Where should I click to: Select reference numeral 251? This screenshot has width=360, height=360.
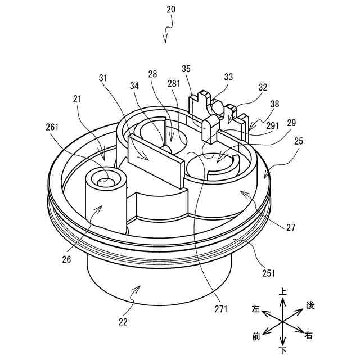(268, 273)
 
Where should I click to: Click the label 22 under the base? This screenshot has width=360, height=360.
(123, 322)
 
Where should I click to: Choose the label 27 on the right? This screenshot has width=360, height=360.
(290, 228)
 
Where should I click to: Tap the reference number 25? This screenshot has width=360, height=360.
(298, 141)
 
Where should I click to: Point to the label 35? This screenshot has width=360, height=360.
(186, 69)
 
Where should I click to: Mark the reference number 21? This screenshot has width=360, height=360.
(76, 99)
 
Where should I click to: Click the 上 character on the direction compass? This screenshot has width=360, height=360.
(282, 292)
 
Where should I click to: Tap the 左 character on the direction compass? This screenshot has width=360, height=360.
(256, 309)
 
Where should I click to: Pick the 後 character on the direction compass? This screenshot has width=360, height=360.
(310, 305)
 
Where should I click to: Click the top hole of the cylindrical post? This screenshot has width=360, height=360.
(105, 181)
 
